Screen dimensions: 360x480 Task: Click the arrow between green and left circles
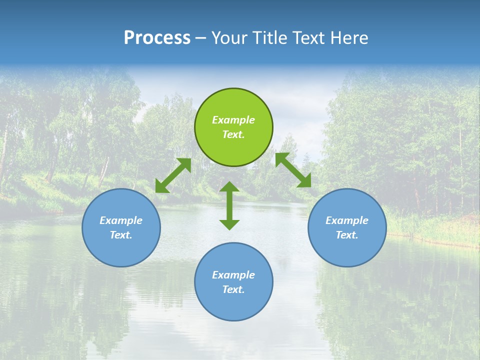[x=173, y=175]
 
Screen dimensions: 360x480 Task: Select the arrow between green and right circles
[x=293, y=170]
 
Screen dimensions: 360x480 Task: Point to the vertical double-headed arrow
[x=229, y=205]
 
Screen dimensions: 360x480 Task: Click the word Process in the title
[x=157, y=38]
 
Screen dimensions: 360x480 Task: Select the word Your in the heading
[x=229, y=38]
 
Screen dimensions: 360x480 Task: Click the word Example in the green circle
[x=233, y=120]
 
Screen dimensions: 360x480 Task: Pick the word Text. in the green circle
[x=233, y=134]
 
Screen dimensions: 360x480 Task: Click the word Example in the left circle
[x=121, y=220]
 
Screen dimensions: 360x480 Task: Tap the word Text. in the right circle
[x=347, y=235]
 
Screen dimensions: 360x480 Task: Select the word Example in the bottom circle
[x=233, y=275]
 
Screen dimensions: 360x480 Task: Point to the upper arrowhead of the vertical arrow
[x=229, y=186]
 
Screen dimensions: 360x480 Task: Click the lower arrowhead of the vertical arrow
[x=229, y=224]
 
